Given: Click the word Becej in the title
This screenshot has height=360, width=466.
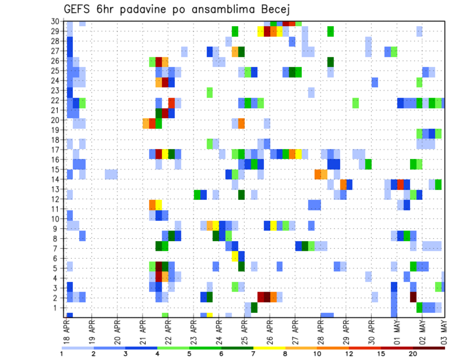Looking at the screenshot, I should [275, 9].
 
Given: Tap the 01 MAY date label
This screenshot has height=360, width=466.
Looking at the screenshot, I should [397, 329].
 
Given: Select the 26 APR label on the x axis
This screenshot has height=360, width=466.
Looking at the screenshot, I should [270, 329].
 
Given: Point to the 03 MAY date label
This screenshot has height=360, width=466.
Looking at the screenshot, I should [443, 329].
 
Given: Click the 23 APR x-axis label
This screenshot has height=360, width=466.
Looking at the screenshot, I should [194, 329].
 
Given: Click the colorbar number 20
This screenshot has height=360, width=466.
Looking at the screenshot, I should [413, 354].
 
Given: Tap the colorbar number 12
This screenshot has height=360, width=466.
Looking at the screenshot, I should [349, 354].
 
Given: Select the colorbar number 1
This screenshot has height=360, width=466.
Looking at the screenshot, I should [62, 354].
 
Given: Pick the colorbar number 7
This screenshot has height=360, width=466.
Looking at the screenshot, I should [253, 354].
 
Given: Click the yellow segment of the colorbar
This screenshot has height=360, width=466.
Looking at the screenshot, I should [269, 347].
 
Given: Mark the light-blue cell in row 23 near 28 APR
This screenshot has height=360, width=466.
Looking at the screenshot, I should [311, 90].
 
